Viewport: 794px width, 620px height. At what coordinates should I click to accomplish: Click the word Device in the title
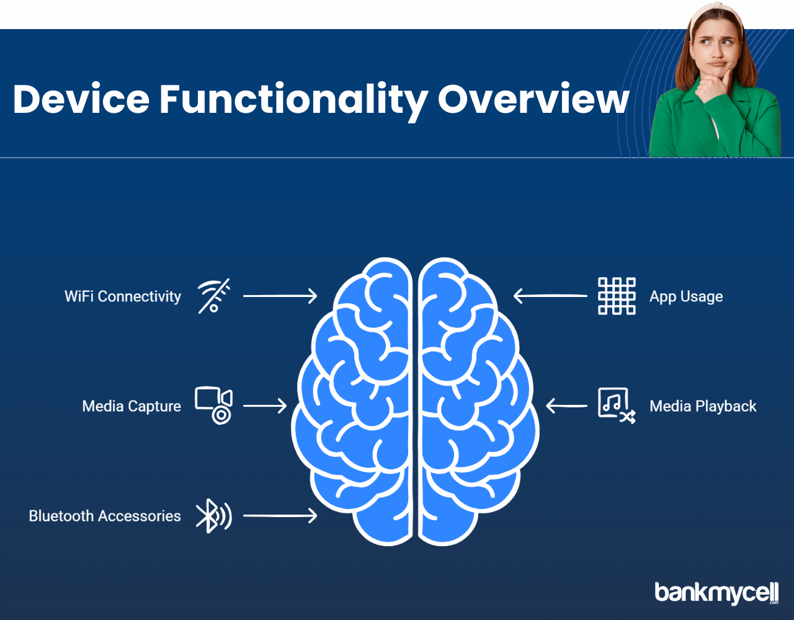pos(81,99)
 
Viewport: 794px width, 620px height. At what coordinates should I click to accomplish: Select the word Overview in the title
pos(533,99)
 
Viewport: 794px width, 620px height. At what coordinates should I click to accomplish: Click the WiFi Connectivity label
pos(123,296)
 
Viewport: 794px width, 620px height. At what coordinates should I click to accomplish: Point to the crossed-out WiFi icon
pos(214,296)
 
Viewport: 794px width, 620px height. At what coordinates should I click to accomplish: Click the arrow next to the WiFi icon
pos(280,296)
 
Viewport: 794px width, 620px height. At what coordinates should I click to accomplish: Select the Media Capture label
pos(132,406)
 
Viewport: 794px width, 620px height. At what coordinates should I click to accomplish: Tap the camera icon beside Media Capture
pos(214,405)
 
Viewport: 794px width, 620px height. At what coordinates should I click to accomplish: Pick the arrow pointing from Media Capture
pos(265,405)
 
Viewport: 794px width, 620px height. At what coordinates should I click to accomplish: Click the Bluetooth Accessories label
pos(105,516)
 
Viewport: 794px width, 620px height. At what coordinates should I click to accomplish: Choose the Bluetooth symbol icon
pos(214,516)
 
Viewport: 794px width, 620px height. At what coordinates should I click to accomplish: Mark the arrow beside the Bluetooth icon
pos(280,516)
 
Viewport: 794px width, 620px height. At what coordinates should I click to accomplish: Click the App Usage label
pos(686,297)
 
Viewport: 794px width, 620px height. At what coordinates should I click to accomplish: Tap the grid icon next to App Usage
pos(617,296)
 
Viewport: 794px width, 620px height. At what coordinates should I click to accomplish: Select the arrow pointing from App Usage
pos(550,296)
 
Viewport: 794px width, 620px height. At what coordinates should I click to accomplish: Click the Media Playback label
pos(703,406)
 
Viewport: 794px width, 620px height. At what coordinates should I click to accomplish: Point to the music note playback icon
pos(617,405)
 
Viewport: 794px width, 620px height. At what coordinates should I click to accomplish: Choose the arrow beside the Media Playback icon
pos(567,405)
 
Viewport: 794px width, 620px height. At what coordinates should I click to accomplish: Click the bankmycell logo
pos(716,593)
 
